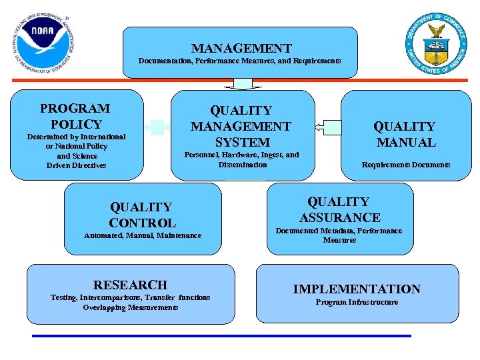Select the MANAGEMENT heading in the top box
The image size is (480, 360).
point(241,48)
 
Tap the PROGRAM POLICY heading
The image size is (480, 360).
point(75,116)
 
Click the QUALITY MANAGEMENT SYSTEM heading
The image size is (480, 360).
point(241,126)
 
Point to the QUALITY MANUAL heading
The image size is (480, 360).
point(405,134)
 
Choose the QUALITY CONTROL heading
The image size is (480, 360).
point(142,215)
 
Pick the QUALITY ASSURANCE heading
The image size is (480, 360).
point(339,209)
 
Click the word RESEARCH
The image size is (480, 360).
point(130,285)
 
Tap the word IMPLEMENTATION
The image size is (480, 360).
point(357,289)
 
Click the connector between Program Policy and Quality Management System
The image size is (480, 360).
point(157,127)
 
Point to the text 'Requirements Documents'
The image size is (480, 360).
point(405,165)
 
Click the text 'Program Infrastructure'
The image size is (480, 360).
point(357,303)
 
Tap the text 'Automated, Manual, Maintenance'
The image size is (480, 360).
point(143,235)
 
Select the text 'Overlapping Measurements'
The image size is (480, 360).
point(131,307)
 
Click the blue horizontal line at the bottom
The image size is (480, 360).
point(221,336)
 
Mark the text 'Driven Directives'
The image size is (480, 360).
point(76,165)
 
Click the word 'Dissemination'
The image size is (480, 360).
point(242,165)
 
